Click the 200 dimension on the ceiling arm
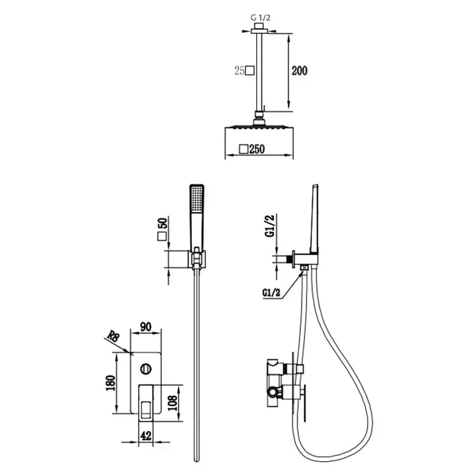click(299, 71)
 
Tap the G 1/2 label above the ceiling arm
click(260, 18)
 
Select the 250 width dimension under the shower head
click(257, 149)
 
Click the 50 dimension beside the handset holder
click(162, 223)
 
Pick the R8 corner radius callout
click(113, 336)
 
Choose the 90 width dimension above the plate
click(146, 326)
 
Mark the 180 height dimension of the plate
click(111, 383)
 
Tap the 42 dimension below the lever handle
click(146, 436)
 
